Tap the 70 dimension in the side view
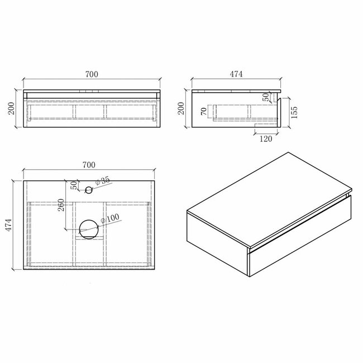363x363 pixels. (205, 112)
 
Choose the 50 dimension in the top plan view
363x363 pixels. (73, 185)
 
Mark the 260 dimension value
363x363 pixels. (62, 209)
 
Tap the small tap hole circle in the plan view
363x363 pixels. (88, 190)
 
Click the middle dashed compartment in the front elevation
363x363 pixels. (88, 111)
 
